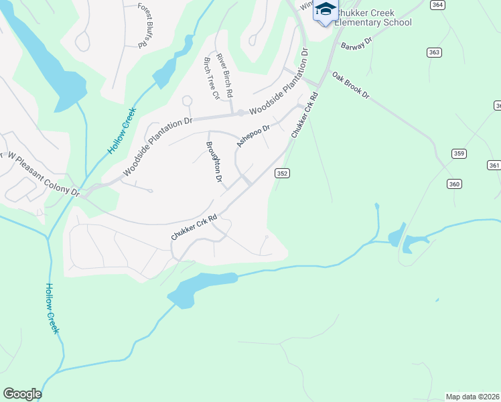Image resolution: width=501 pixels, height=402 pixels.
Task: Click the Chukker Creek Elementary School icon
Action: (326, 11)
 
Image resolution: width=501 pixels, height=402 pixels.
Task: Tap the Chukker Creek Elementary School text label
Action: (372, 17)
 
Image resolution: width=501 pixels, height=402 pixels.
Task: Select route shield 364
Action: (437, 5)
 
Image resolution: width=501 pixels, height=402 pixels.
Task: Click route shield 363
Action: (434, 52)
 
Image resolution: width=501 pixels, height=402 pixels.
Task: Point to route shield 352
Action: (282, 173)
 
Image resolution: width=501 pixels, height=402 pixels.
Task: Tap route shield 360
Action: (455, 184)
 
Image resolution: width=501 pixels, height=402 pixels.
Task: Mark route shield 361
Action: (494, 165)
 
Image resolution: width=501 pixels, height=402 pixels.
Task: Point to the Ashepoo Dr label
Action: (253, 136)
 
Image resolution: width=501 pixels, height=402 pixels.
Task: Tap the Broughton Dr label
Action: (214, 161)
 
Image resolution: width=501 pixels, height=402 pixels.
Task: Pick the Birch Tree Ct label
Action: (211, 78)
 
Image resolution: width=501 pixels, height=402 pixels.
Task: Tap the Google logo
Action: (22, 394)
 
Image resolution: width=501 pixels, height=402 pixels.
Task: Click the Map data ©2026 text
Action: (472, 396)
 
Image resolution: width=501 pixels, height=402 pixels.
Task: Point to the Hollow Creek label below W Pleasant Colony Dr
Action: (52, 308)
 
